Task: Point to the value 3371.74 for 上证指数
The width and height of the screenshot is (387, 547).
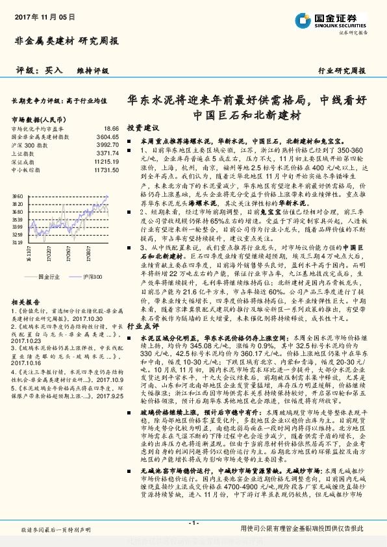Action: (x=108, y=153)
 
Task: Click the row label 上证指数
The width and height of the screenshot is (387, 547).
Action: (x=22, y=153)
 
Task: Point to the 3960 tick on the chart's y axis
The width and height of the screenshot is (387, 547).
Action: (x=18, y=194)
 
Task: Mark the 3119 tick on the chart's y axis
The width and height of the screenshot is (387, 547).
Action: (x=18, y=241)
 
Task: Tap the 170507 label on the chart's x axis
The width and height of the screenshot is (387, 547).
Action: (x=68, y=250)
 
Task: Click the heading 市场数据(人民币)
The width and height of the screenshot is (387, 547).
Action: (x=39, y=120)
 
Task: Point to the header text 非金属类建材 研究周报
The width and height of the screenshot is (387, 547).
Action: (x=66, y=40)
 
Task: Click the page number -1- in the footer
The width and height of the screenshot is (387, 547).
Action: (x=193, y=523)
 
